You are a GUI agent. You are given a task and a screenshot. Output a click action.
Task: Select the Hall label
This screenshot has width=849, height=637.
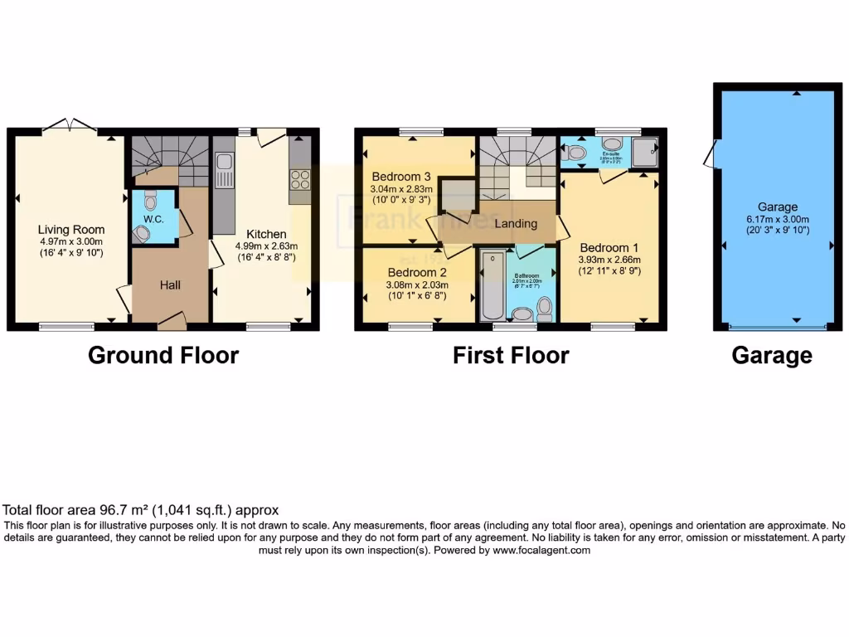click(170, 284)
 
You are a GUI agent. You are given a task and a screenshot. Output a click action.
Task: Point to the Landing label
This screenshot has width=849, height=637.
click(516, 223)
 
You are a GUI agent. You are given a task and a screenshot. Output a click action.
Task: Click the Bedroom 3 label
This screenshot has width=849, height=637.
click(400, 177)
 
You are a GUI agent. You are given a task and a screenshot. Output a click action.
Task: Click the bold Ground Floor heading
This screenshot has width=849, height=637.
click(163, 356)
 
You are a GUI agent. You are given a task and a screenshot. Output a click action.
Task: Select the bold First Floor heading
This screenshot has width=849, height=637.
click(511, 356)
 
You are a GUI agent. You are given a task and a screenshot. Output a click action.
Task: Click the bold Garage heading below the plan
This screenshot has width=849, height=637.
click(771, 356)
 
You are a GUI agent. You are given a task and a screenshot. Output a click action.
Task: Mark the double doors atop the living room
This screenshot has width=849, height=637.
click(70, 126)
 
